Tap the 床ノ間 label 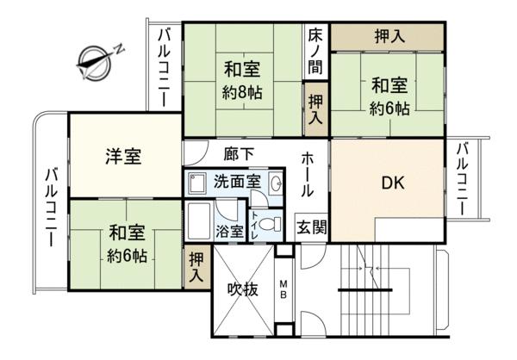pos(315,52)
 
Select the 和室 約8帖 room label pos(243,80)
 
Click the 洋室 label pos(123,156)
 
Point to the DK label pos(393,183)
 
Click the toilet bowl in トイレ pos(270,225)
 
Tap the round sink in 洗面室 pos(277,182)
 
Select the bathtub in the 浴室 pos(198,220)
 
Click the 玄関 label pos(312,227)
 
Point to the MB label pos(283,289)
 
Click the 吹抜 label pos(243,289)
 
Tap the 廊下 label pos(239,153)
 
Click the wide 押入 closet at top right pos(388,37)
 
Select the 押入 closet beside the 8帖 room pos(316,109)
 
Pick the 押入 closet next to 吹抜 pos(197,267)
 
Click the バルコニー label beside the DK pos(463,179)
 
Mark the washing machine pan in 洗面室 pos(196,183)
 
